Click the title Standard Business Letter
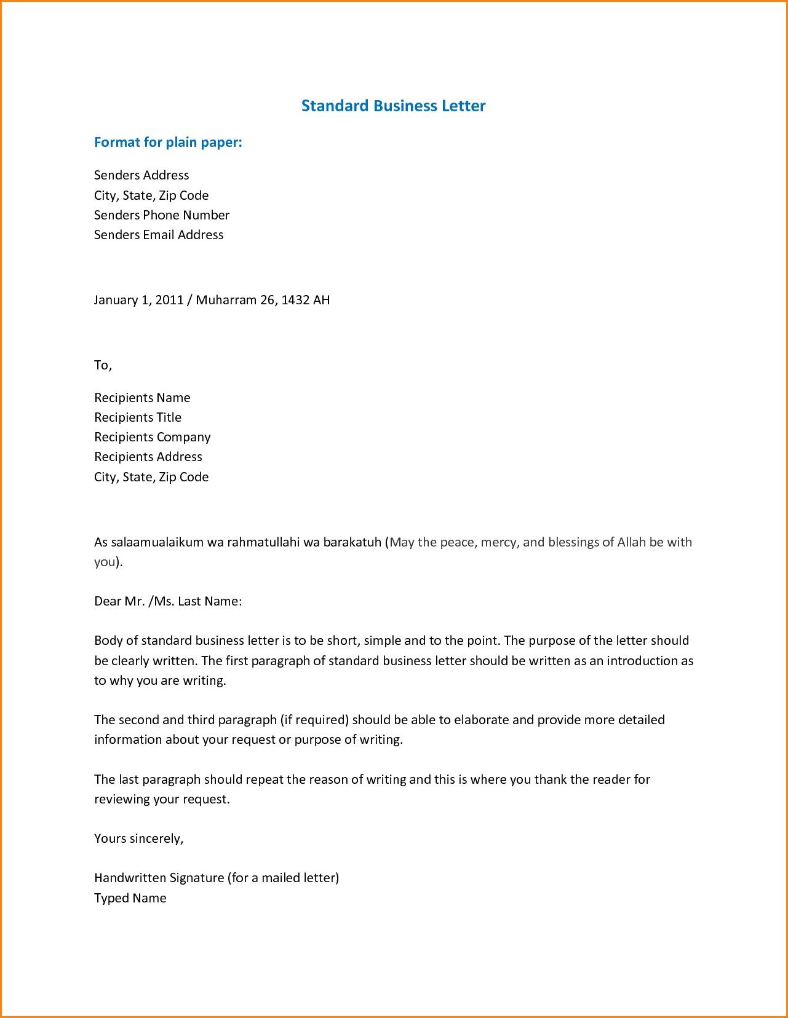pyautogui.click(x=393, y=106)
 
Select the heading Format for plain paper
pyautogui.click(x=168, y=143)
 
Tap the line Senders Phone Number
pyautogui.click(x=161, y=215)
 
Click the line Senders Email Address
pyautogui.click(x=158, y=235)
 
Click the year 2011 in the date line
pyautogui.click(x=169, y=300)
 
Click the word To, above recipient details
pyautogui.click(x=103, y=365)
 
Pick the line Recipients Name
pyautogui.click(x=142, y=398)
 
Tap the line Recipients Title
pyautogui.click(x=138, y=417)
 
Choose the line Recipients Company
pyautogui.click(x=152, y=437)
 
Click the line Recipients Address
pyautogui.click(x=148, y=457)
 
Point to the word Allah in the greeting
pyautogui.click(x=631, y=542)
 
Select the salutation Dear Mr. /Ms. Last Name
pyautogui.click(x=167, y=601)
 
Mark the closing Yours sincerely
pyautogui.click(x=138, y=838)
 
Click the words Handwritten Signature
pyautogui.click(x=159, y=878)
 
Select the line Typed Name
pyautogui.click(x=130, y=898)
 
